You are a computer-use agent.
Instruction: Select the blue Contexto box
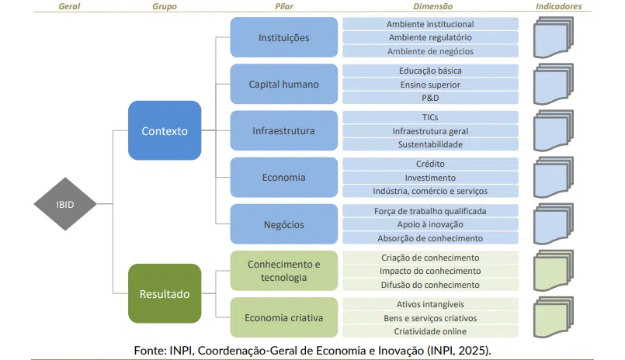(165, 131)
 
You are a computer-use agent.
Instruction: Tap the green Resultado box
(165, 294)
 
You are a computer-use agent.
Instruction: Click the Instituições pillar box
(283, 37)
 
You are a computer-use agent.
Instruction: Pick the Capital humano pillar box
(283, 84)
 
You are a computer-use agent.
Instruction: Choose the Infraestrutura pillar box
(283, 130)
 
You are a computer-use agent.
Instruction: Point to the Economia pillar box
(283, 177)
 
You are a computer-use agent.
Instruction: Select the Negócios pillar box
(283, 224)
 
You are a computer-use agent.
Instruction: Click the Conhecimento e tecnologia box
(283, 271)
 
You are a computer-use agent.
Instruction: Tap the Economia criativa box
(283, 317)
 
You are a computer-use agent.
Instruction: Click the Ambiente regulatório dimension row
(429, 37)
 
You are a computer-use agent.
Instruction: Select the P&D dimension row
(429, 98)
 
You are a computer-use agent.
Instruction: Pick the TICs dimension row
(429, 117)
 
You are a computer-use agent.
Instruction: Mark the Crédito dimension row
(429, 164)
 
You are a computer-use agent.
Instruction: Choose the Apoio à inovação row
(429, 224)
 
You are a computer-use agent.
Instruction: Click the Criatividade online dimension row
(429, 331)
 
